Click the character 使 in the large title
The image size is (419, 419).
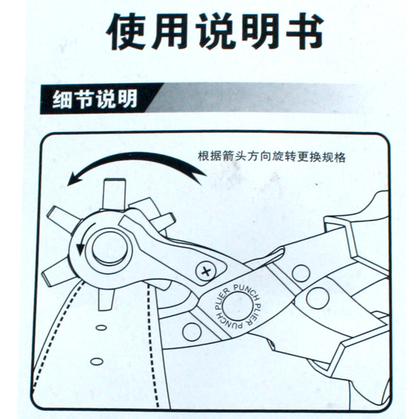126,31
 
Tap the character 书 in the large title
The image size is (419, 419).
305,31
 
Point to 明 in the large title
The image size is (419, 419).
260,31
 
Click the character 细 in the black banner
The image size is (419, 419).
62,99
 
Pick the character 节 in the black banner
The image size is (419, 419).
84,99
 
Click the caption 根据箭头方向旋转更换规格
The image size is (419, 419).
271,157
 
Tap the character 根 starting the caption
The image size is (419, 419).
204,157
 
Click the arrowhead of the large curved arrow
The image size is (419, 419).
73,179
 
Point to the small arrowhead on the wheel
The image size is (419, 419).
80,248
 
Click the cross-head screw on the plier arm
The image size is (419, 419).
205,272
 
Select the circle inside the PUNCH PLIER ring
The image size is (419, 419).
237,307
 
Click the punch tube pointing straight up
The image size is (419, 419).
114,193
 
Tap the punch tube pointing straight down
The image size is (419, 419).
106,298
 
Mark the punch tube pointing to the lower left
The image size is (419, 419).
58,271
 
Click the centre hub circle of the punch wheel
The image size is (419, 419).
109,248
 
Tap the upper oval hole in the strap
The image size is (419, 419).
101,327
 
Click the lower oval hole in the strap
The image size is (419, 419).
97,362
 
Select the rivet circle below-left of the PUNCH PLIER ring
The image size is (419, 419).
192,332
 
